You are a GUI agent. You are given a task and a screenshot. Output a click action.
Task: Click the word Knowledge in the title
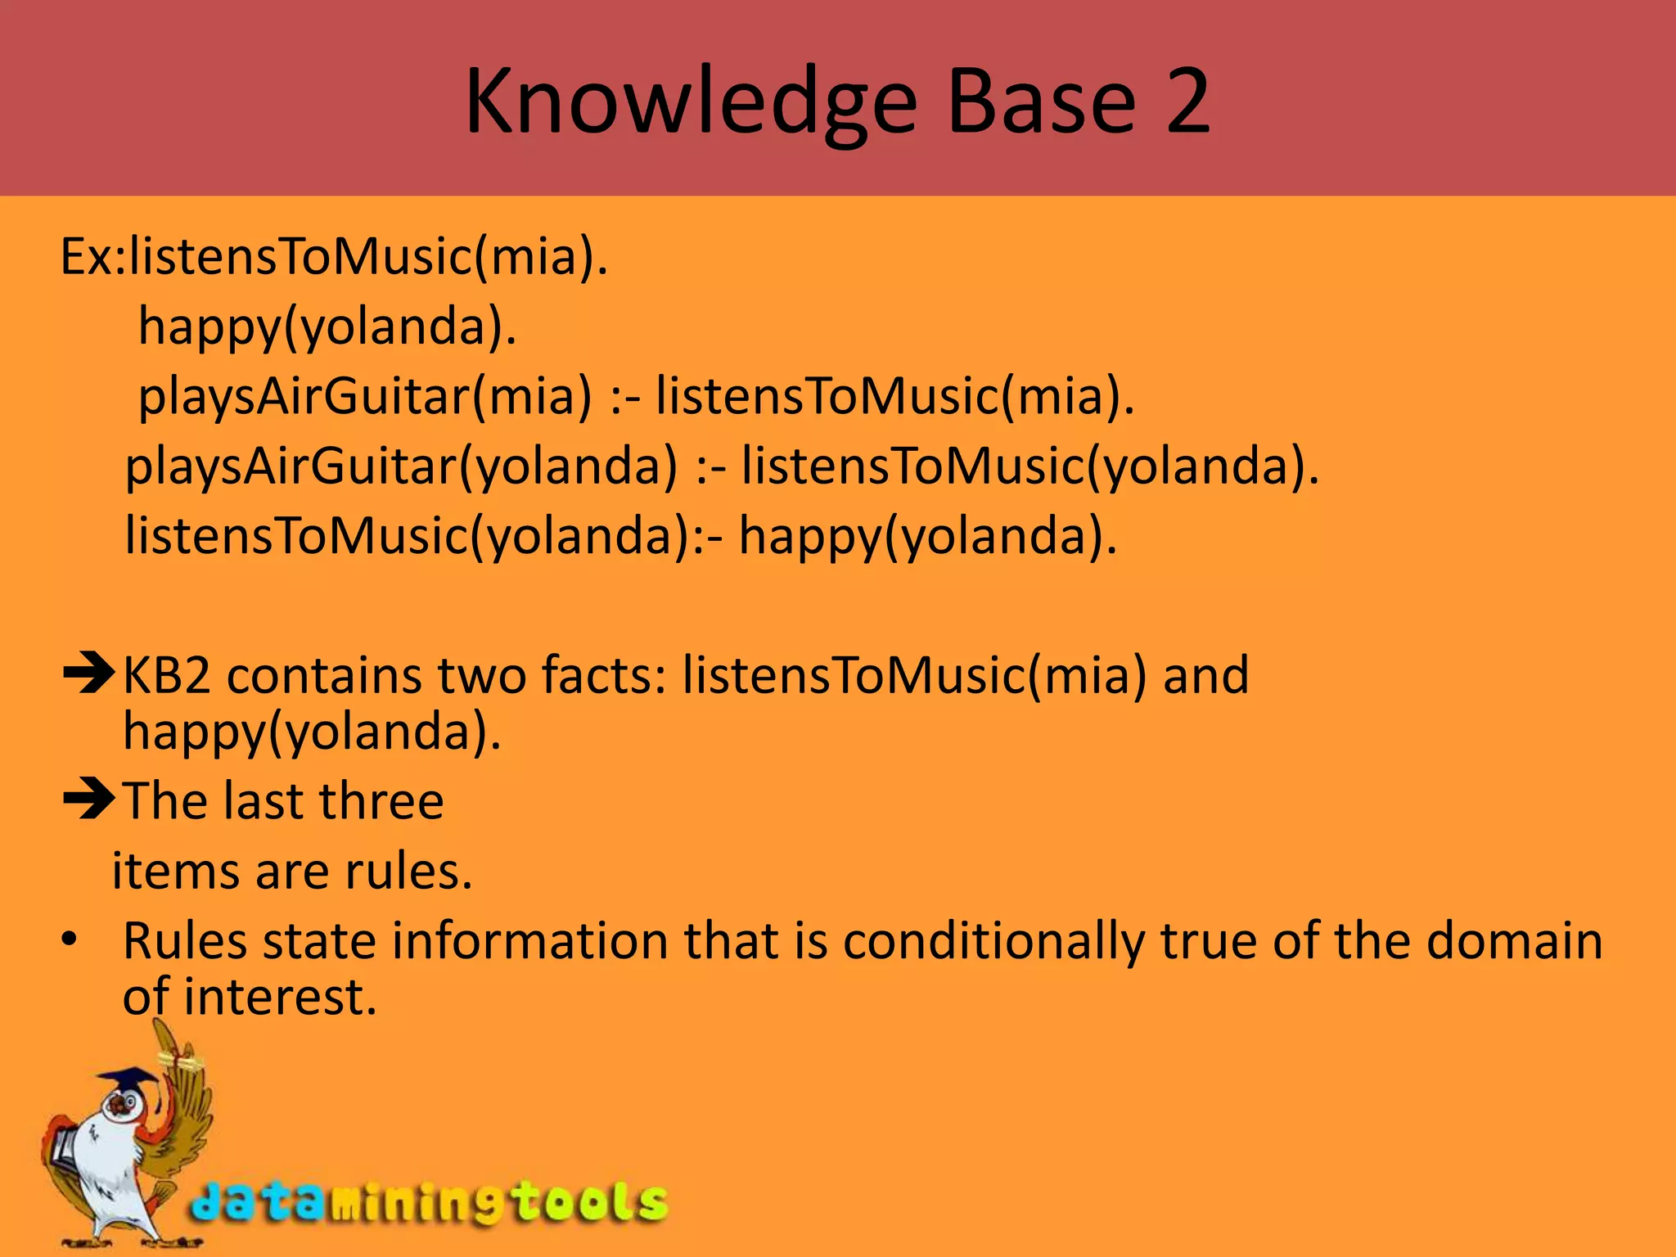pos(692,103)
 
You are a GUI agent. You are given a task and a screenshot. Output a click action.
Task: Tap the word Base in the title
pos(1042,101)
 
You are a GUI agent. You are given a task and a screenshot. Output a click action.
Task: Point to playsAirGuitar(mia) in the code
pos(364,397)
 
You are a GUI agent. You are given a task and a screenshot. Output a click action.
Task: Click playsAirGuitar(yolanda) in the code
pos(401,467)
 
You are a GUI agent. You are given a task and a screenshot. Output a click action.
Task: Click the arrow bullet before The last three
pos(88,800)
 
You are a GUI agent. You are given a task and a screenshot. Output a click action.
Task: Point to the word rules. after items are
pos(408,871)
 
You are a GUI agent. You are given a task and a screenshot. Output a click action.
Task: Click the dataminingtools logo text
pos(430,1204)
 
